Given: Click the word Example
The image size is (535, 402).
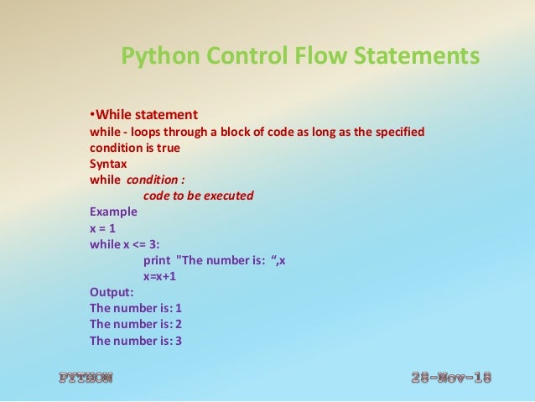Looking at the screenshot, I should point(113,212).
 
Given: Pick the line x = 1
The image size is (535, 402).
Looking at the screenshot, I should point(105,228).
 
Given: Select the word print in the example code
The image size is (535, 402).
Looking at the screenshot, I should point(158,260).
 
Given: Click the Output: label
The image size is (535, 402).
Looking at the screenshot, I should point(112,292).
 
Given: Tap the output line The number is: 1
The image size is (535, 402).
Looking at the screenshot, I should point(136,308).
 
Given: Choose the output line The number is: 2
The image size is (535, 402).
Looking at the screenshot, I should point(136,324).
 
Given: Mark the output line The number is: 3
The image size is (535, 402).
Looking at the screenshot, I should point(136,341).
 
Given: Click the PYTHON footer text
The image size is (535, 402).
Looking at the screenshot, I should point(86,378).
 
